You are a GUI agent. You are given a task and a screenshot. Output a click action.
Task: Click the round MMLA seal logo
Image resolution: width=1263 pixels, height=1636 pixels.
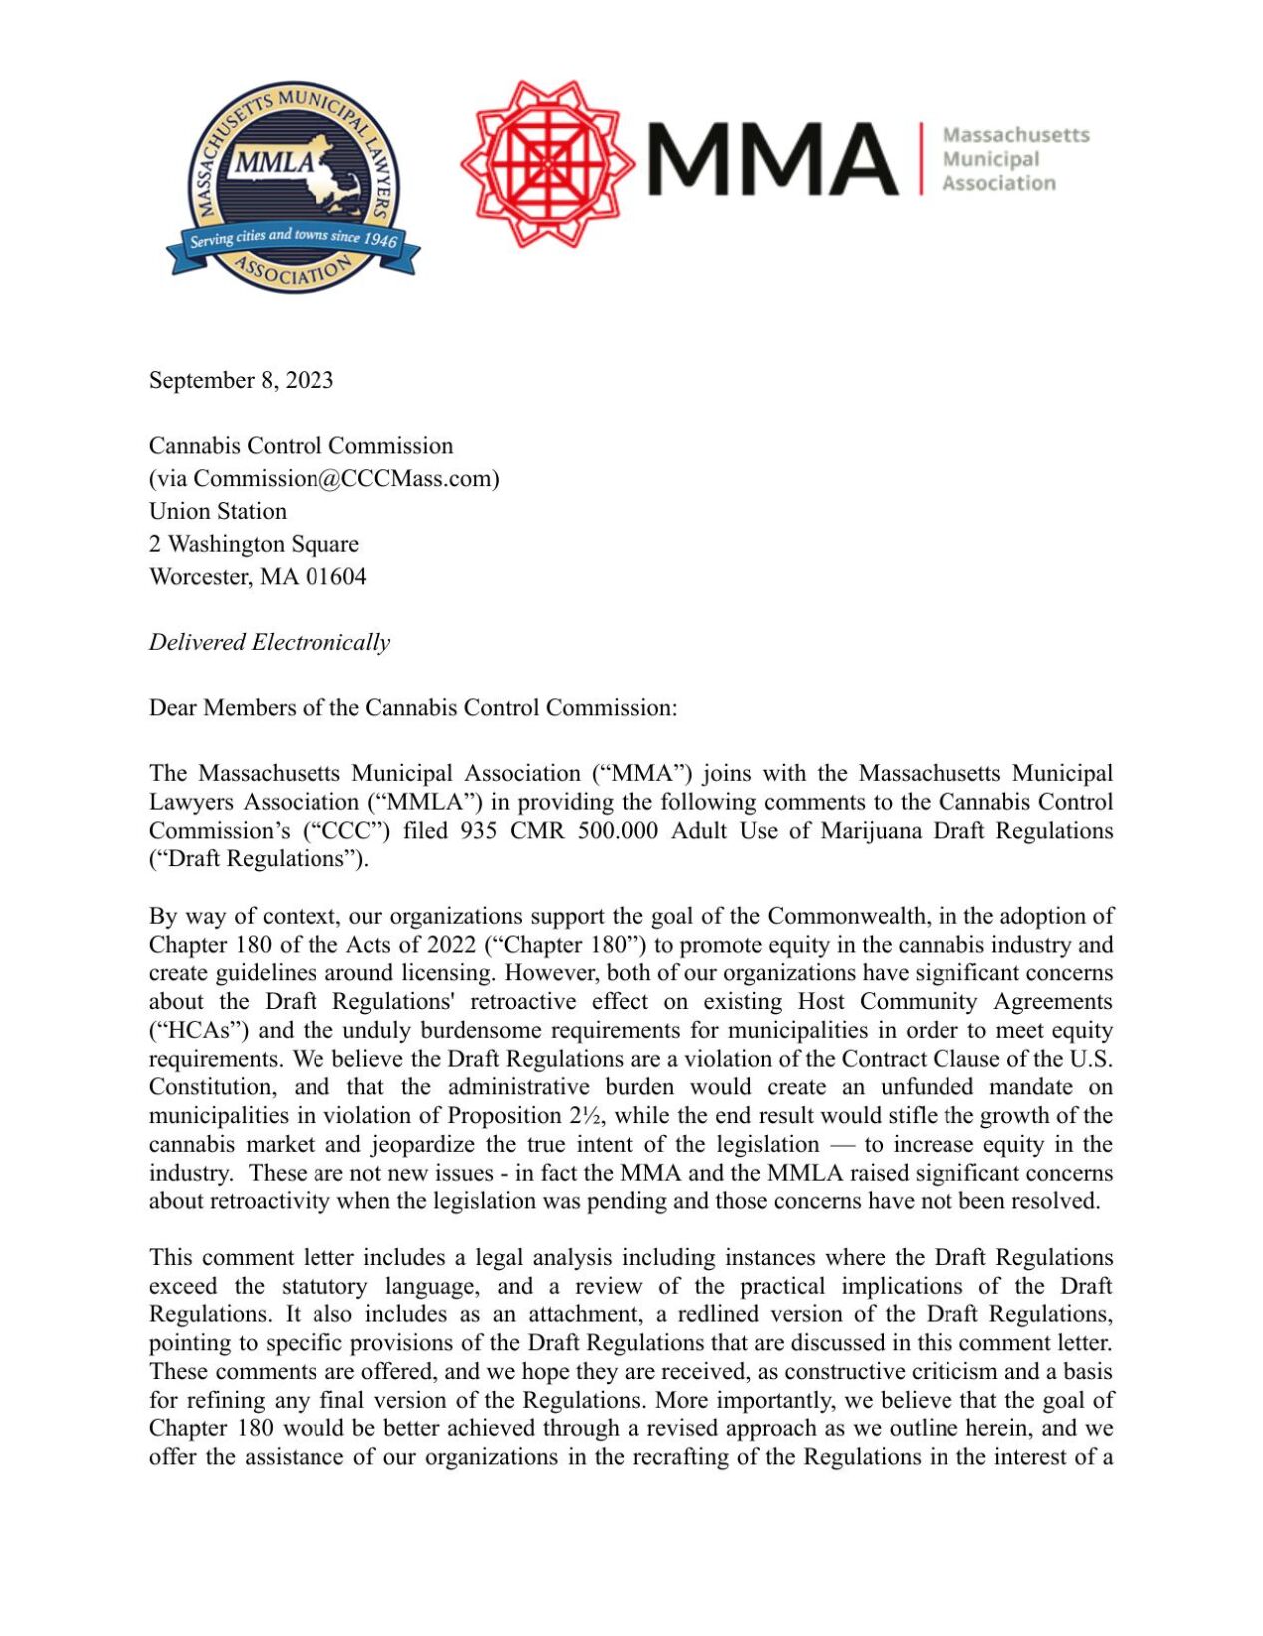(x=293, y=186)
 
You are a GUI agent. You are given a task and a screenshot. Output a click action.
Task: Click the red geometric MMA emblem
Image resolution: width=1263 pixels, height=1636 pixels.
(x=546, y=163)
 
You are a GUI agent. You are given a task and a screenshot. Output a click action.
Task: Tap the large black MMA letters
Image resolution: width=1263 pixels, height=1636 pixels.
(x=772, y=159)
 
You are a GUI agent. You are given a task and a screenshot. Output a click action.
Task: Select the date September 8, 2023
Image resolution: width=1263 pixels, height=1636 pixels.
(x=241, y=380)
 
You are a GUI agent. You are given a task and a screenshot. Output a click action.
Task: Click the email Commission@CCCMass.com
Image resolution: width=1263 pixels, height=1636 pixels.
(x=345, y=478)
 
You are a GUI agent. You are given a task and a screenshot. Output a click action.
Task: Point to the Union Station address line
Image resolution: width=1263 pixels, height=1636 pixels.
(x=218, y=511)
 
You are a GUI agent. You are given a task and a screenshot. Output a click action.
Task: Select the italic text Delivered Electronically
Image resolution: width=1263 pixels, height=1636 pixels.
(x=270, y=642)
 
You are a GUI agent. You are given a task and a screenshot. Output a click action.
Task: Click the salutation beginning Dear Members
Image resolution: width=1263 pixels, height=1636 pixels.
(x=412, y=708)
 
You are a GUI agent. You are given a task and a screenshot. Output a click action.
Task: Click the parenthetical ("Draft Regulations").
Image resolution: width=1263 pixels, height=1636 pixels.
(x=259, y=859)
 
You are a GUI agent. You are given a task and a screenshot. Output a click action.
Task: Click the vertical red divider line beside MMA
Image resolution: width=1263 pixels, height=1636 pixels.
(x=921, y=158)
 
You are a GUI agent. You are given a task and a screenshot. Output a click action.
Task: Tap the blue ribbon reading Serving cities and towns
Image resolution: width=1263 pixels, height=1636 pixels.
(x=294, y=238)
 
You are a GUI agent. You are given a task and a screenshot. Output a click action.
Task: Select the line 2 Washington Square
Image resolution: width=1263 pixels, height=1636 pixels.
(x=254, y=544)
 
